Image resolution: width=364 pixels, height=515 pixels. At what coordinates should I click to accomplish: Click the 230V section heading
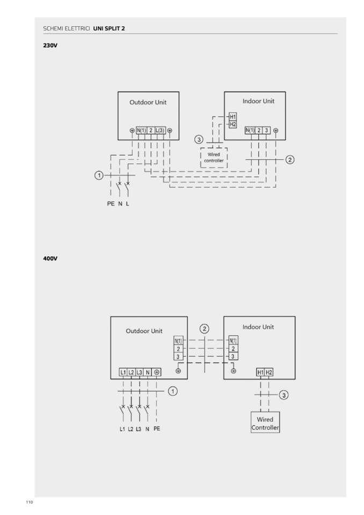tap(50, 46)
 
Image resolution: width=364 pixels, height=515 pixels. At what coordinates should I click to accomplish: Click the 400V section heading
tap(50, 259)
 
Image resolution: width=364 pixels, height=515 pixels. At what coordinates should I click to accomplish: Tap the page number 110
tap(29, 502)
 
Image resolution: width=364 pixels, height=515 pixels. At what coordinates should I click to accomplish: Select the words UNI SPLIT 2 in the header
tap(109, 28)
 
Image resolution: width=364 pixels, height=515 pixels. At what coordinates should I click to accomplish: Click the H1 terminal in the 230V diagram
tap(232, 117)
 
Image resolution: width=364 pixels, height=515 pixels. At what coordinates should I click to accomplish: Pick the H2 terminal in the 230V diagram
tap(232, 124)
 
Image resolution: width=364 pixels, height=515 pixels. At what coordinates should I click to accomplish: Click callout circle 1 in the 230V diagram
tap(99, 175)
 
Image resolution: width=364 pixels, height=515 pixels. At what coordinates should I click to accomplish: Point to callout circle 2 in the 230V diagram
tap(290, 159)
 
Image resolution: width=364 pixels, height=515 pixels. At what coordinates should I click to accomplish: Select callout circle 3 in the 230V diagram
tap(199, 140)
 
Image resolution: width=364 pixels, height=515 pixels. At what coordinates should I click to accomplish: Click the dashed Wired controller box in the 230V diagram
tap(214, 157)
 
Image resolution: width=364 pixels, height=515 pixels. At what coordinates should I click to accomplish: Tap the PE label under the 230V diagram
tap(111, 205)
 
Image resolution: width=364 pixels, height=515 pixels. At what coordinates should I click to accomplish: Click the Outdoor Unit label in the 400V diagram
tap(144, 331)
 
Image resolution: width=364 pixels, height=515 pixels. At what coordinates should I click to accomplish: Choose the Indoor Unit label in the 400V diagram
tap(258, 327)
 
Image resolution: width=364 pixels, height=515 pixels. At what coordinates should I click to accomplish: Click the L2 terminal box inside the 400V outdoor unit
tap(132, 372)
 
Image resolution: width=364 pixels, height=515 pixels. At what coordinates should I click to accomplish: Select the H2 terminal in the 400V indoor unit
tap(269, 372)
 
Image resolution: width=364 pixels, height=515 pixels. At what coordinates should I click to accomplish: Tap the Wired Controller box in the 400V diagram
tap(265, 423)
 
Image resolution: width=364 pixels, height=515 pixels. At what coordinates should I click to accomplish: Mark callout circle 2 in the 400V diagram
tap(204, 329)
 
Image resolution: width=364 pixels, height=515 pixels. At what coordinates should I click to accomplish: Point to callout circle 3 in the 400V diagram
tap(284, 395)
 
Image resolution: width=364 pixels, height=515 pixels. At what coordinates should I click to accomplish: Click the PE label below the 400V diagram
tap(156, 429)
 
